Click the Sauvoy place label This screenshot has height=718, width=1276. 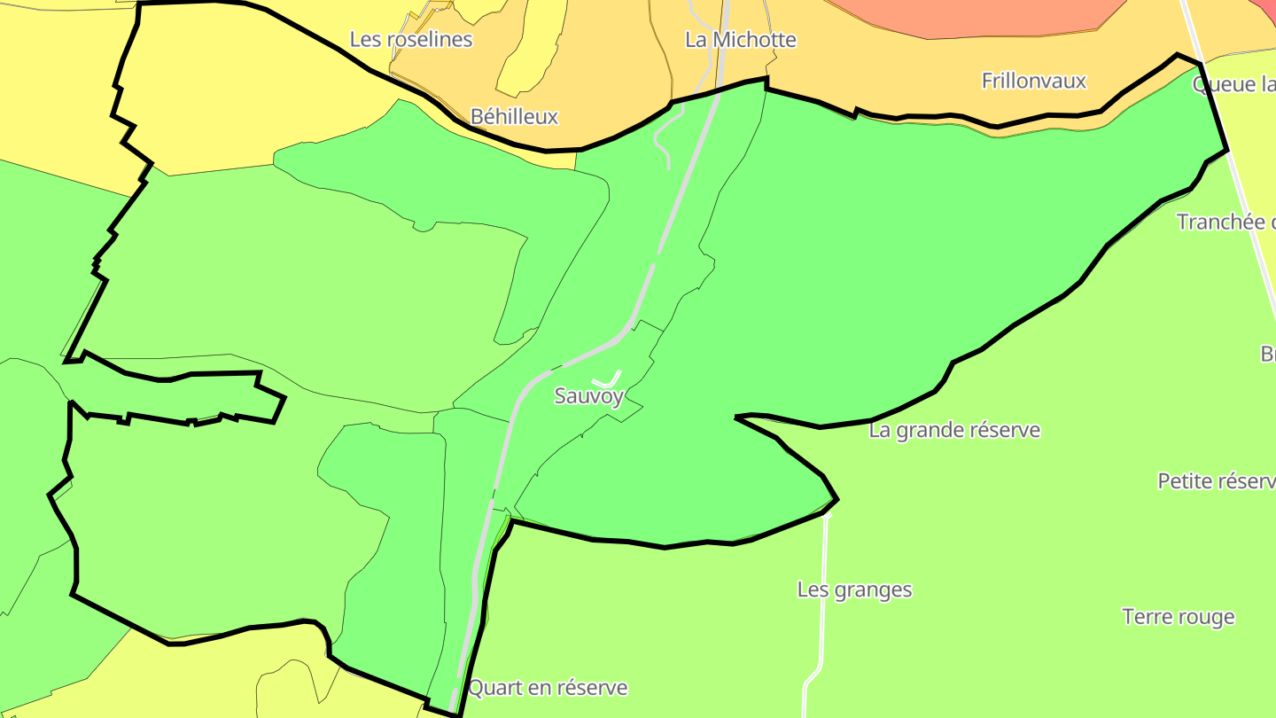click(x=589, y=396)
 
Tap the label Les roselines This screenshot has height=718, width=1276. click(x=411, y=40)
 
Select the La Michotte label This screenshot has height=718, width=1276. click(x=741, y=40)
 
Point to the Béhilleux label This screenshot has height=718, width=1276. click(x=514, y=116)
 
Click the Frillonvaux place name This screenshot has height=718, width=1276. click(x=1033, y=81)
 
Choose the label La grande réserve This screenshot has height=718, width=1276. click(x=954, y=431)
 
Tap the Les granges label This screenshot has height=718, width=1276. click(x=854, y=589)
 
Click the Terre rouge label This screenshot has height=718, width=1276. click(x=1178, y=617)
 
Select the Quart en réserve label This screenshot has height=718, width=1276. click(x=548, y=688)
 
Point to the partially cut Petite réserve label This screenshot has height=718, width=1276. click(x=1216, y=481)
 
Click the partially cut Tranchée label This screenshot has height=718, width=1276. click(x=1225, y=222)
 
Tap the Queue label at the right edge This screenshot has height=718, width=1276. click(x=1233, y=85)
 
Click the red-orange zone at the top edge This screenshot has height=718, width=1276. click(x=975, y=16)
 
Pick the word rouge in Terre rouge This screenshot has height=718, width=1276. click(x=1206, y=617)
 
